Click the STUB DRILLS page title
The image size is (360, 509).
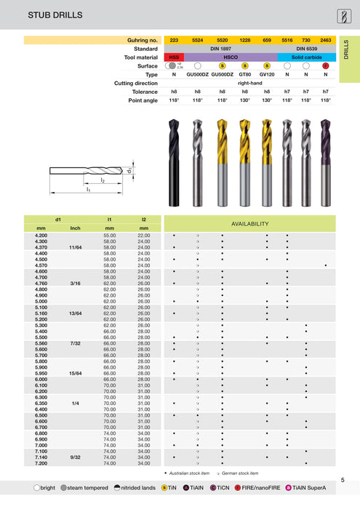(34, 15)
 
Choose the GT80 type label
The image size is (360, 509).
(245, 74)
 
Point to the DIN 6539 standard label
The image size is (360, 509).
(305, 48)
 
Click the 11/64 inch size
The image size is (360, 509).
(75, 248)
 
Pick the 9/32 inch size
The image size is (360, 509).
(75, 457)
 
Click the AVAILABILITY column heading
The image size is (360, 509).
(250, 224)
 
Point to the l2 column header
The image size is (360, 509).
(143, 219)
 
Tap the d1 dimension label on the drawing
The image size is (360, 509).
(129, 172)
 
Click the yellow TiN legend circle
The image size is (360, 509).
(165, 488)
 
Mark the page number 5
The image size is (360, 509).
(343, 480)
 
